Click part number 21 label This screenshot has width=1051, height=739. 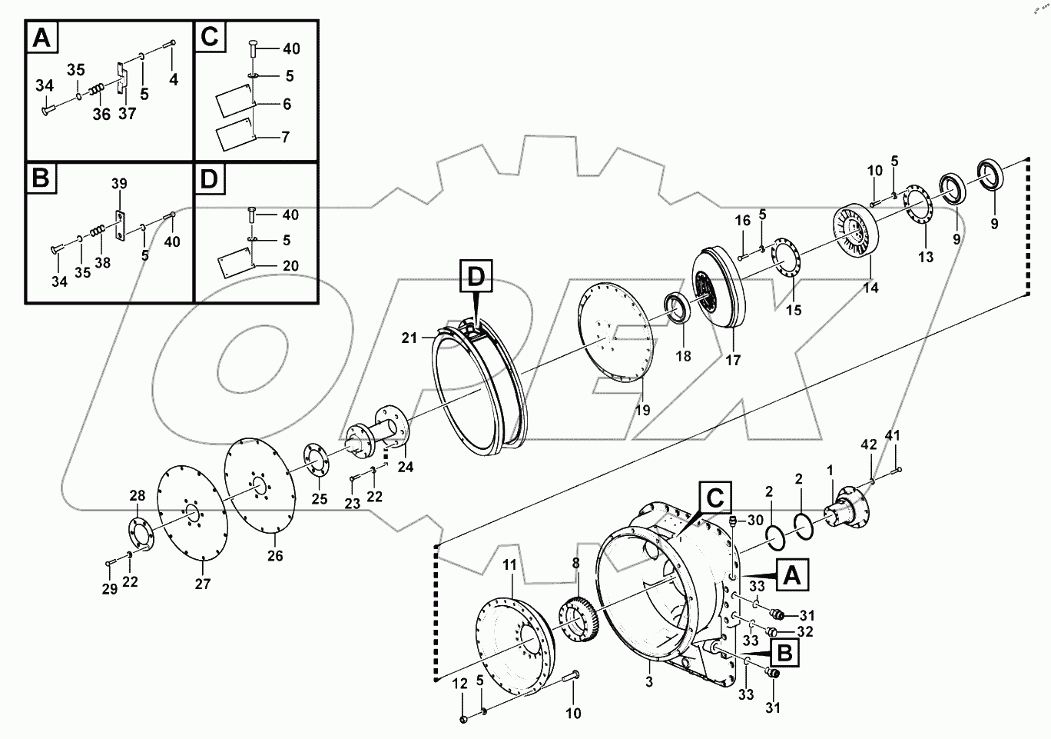click(x=409, y=338)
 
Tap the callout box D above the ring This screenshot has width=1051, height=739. click(x=476, y=277)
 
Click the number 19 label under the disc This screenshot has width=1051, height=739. click(x=642, y=411)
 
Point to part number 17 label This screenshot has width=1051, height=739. click(x=733, y=359)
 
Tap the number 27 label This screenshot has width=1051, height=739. click(x=202, y=584)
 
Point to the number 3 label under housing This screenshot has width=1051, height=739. click(x=649, y=682)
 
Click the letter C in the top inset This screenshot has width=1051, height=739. click(x=210, y=36)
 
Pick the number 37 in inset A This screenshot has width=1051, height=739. click(x=127, y=114)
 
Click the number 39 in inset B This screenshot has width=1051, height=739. click(x=119, y=184)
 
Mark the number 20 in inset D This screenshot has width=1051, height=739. click(x=290, y=266)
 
